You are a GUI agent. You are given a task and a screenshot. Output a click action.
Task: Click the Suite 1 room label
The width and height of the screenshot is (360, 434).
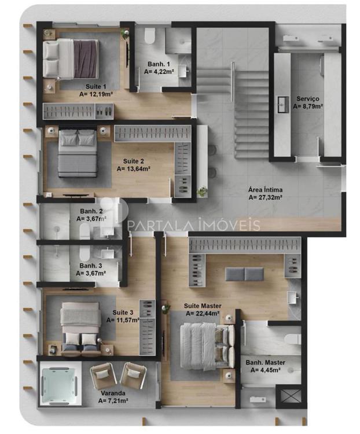pos(95,86)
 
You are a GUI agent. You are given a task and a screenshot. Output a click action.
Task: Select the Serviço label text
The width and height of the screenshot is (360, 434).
pos(308,99)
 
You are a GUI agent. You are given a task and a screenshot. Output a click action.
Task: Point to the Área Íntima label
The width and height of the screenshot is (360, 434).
pos(265,190)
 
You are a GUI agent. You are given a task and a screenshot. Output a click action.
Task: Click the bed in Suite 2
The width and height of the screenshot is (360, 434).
pos(78,153)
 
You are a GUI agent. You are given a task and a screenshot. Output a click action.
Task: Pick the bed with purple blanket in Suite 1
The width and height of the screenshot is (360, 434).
pos(71,58)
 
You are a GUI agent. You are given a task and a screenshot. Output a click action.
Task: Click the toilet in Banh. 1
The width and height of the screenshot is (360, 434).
pos(149,36)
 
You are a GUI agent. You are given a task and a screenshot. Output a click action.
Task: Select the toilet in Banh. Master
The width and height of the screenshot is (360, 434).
pos(293,339)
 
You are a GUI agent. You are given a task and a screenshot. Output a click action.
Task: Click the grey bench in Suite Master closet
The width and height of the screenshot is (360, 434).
pos(244,274)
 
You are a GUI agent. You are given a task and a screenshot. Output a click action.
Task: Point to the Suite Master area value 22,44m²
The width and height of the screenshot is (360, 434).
pos(203,314)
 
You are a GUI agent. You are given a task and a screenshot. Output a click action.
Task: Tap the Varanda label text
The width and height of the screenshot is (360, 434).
pos(113,393)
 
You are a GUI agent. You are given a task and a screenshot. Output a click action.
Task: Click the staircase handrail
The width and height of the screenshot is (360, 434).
pos(233,82)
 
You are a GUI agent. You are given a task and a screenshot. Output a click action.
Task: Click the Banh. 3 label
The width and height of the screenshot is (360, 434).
pos(91,266)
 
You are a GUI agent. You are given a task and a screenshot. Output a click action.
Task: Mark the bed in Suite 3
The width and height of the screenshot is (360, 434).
pos(80,328)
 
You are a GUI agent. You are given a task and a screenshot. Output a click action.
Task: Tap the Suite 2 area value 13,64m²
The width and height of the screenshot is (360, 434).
pos(134,169)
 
